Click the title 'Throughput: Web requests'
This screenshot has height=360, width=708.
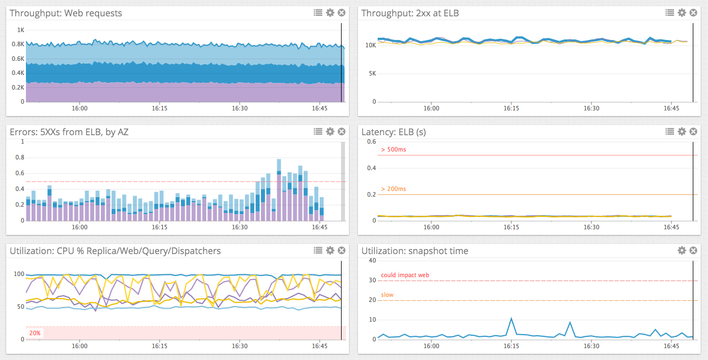[x=66, y=13]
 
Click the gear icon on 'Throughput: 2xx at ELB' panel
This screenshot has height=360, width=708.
[x=682, y=12]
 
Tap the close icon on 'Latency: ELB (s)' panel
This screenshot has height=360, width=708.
[x=693, y=131]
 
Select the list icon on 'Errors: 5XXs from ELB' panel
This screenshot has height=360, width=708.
[x=318, y=131]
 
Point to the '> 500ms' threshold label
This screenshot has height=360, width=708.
[x=393, y=150]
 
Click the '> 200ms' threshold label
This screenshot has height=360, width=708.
[x=393, y=189]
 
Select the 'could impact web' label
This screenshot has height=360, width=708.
[x=405, y=275]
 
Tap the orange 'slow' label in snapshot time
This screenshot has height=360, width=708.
[x=387, y=295]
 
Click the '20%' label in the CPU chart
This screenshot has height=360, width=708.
[x=35, y=333]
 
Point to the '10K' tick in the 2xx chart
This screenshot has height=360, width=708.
[x=370, y=45]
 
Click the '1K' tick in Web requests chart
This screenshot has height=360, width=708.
[x=21, y=30]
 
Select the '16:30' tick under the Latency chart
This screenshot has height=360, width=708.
[x=591, y=227]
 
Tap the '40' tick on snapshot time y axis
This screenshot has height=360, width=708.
[x=372, y=260]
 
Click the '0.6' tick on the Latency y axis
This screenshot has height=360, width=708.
[x=371, y=141]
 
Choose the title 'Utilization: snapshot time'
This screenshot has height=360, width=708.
[x=415, y=251]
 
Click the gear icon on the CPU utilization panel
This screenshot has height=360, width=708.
[x=330, y=250]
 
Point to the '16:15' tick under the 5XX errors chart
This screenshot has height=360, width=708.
[x=160, y=227]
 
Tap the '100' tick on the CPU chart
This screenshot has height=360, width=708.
[x=19, y=274]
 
